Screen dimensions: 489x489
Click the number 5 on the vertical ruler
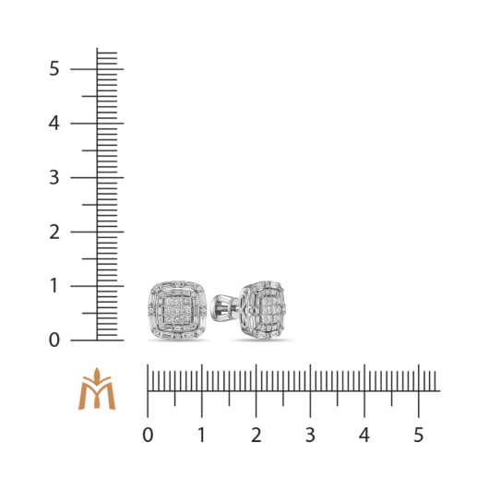[54, 68]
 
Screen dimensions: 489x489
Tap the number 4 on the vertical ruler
[54, 124]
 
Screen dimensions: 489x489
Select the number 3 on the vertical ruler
[54, 177]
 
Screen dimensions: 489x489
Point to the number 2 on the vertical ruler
[54, 232]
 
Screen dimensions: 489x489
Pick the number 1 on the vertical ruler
[54, 286]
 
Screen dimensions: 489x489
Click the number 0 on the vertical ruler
[54, 340]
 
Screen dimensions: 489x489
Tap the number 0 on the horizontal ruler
[148, 435]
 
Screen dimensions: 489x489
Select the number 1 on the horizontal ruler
[202, 435]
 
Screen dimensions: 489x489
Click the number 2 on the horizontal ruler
[256, 435]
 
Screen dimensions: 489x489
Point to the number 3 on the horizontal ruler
[310, 435]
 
